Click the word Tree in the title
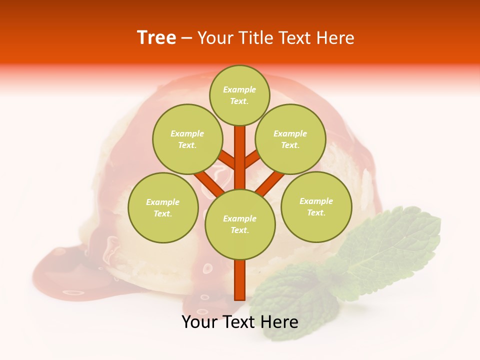[156, 37]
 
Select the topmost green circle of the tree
[239, 95]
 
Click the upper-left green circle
[187, 139]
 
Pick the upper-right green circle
[290, 139]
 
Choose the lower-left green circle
[163, 207]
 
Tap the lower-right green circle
[316, 206]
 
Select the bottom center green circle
[240, 224]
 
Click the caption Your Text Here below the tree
[240, 322]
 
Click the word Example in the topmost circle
[239, 89]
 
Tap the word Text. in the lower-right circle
[316, 212]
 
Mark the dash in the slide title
[186, 38]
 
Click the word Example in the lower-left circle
[163, 202]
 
